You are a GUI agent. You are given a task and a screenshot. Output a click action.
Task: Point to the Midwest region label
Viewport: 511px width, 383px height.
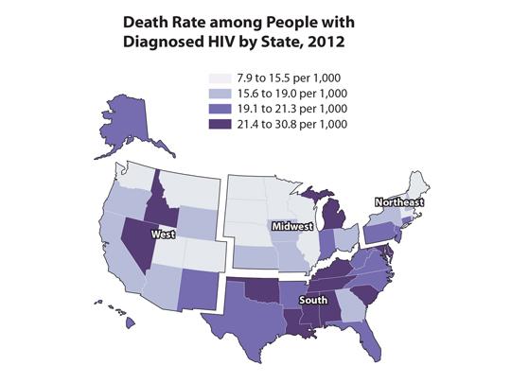(x=291, y=228)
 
